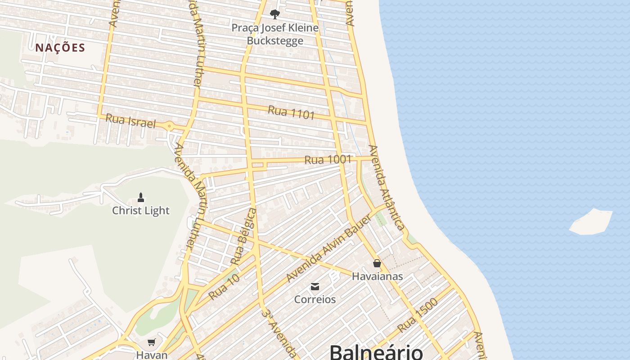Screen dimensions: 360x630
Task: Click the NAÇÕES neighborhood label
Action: pos(60,48)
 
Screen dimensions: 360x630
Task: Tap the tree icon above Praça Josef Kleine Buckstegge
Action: pos(274,14)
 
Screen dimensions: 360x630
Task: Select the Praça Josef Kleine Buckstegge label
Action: pos(275,34)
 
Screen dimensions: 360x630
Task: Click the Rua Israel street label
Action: pos(130,121)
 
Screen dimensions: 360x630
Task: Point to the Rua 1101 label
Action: pos(291,112)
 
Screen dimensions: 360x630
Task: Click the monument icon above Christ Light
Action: pos(141,197)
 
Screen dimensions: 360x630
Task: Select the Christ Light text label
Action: pos(141,211)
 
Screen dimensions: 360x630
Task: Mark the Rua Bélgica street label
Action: pos(243,236)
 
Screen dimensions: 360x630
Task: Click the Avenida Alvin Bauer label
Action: pos(329,248)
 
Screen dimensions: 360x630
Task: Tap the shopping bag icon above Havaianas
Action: pos(377,263)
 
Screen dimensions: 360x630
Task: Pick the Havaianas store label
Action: pos(377,276)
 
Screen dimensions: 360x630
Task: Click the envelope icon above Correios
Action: pos(315,287)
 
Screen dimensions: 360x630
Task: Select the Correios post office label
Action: pos(315,299)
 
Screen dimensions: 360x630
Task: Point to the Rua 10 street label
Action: pos(224,287)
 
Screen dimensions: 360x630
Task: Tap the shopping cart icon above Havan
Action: pos(152,342)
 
